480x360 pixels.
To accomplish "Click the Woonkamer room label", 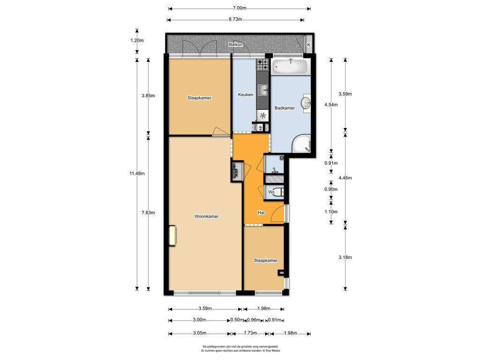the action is coord(207,217).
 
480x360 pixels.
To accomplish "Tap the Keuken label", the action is coord(246,95).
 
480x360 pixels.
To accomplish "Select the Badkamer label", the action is coord(285,108).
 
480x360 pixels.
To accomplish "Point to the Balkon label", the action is coord(236,45).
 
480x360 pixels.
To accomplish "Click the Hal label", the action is coord(261,213).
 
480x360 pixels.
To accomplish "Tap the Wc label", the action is coord(271,192).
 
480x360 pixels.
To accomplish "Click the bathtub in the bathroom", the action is coord(290,67).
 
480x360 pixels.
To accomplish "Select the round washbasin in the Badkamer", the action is coord(306,103).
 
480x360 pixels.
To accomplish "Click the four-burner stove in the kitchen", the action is coord(262,65).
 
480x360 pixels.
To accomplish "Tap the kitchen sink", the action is coord(262,90).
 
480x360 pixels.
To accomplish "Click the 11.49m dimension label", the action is coord(137,173).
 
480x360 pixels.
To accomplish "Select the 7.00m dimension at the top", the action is coord(240,8).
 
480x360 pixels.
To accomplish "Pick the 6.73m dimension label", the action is coord(235,19).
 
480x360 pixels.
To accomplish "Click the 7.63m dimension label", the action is coord(148,213).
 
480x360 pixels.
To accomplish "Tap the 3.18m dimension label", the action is coord(345,257).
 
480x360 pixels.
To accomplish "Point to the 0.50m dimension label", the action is coord(237,320).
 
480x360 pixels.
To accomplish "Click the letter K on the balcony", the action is coord(308,45).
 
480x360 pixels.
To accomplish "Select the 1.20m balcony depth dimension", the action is coord(137,40).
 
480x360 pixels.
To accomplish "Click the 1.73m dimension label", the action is coord(250,333).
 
